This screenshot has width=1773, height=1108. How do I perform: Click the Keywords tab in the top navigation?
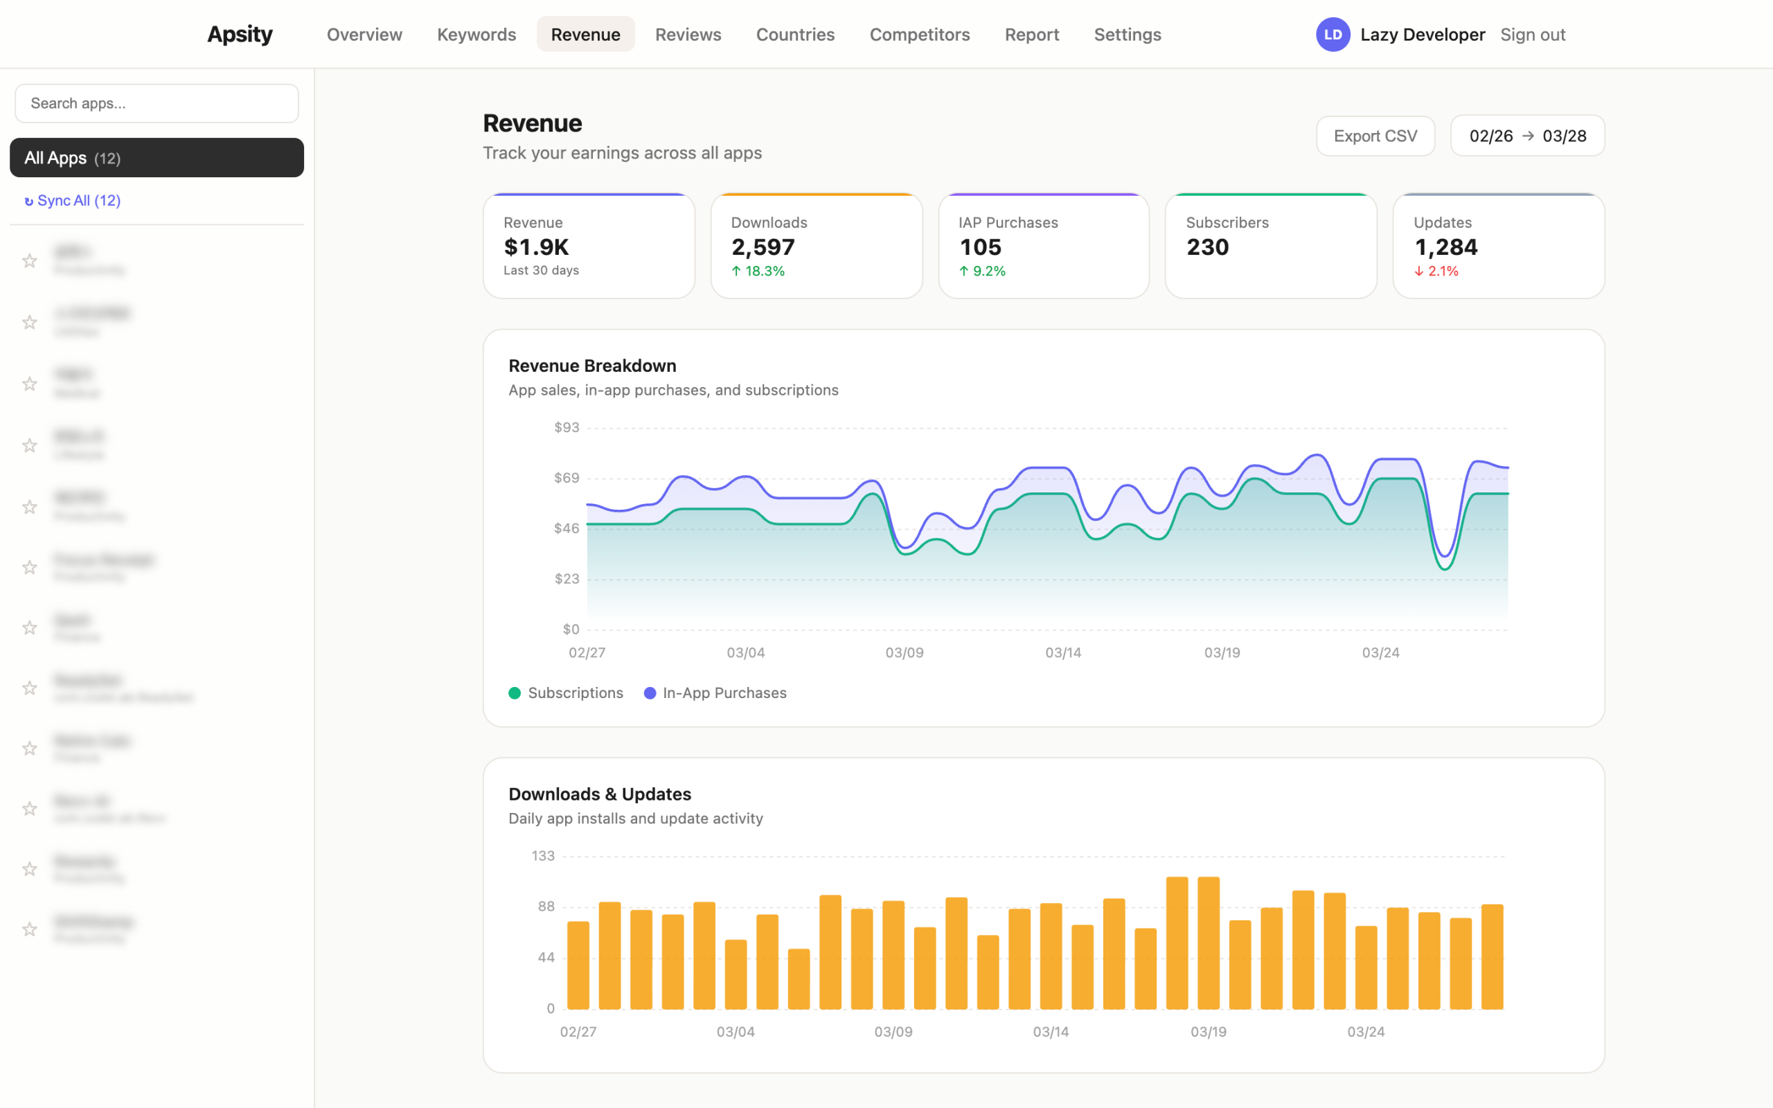tap(476, 35)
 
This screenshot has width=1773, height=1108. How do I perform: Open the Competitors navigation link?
tap(919, 35)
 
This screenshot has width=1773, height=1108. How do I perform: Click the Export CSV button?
tap(1375, 136)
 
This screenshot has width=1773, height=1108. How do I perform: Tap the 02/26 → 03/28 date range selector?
tap(1527, 136)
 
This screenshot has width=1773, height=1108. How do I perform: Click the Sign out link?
tap(1532, 35)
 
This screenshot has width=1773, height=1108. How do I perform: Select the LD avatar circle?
tap(1332, 35)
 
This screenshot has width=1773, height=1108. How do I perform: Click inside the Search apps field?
tap(157, 103)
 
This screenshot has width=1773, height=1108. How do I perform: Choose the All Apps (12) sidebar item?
tap(157, 158)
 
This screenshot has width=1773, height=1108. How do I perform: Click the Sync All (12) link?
tap(73, 201)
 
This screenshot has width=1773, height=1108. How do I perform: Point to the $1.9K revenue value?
tap(535, 248)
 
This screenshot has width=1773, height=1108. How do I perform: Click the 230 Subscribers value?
tap(1206, 248)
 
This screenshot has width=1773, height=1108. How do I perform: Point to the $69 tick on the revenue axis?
tap(567, 478)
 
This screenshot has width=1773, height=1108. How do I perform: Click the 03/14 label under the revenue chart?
tap(1062, 652)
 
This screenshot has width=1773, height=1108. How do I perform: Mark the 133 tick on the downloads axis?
tap(543, 856)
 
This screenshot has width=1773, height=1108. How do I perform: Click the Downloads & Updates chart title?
tap(599, 794)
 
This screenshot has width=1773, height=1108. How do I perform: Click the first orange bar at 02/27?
tap(578, 965)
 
